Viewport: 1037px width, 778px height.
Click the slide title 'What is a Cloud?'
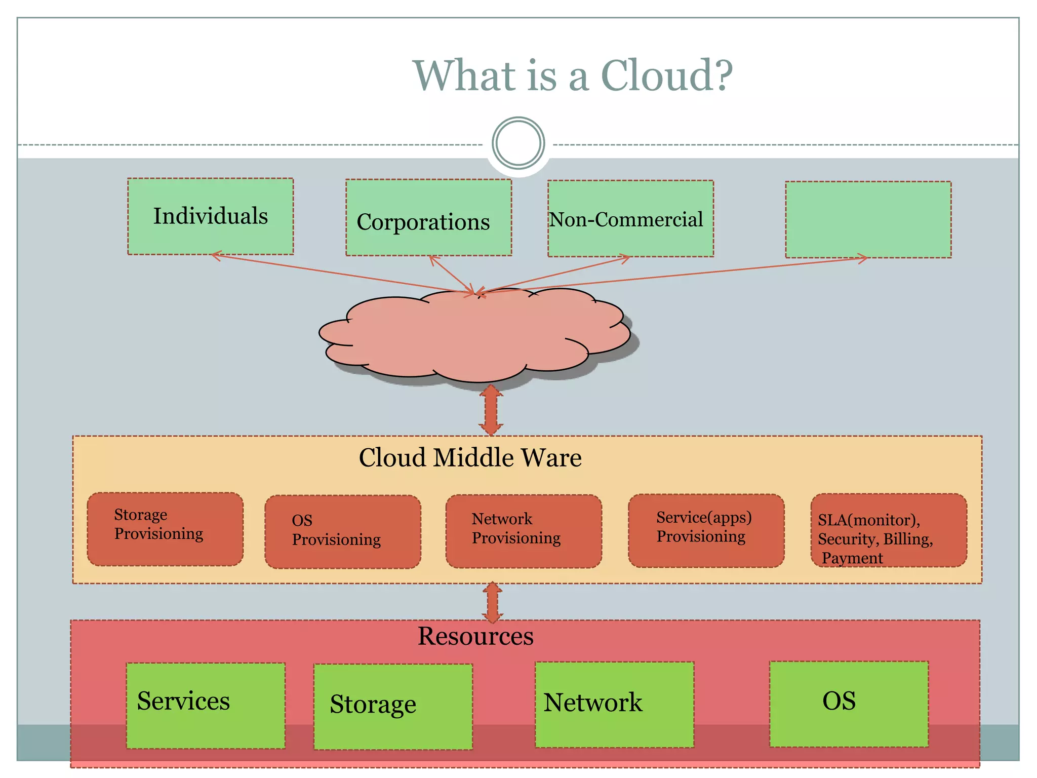coord(573,75)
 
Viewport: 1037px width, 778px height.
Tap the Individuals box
coord(210,216)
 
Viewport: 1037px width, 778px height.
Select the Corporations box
coord(428,218)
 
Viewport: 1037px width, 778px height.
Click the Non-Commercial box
coord(630,219)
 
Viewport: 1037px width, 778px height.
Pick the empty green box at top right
coord(868,220)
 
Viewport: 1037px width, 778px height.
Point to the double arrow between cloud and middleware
coord(491,410)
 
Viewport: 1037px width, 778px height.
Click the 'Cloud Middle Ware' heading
coord(470,457)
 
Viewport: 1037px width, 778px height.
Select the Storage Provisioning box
coord(165,529)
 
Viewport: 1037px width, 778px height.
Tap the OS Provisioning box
coord(343,532)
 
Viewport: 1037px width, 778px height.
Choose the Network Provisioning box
coord(524,531)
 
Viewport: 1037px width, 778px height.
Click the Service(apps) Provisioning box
coord(706,530)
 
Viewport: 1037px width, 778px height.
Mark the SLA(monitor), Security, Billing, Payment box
coord(888,531)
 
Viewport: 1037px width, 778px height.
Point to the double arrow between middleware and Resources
coord(492,602)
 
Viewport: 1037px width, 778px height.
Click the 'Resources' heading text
coord(475,636)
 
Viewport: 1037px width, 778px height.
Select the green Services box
coord(206,705)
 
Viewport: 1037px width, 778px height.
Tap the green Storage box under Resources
coord(393,707)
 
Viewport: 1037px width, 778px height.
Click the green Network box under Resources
coord(614,705)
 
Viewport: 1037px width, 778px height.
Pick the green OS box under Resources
coord(849,704)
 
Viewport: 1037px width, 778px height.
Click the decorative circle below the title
coord(518,143)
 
